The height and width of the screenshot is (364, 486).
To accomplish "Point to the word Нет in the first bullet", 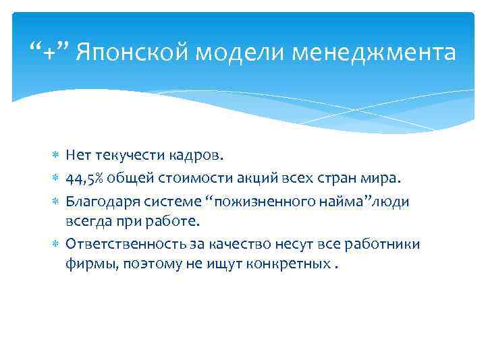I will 78,156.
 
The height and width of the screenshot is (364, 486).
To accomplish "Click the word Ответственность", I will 116,243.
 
